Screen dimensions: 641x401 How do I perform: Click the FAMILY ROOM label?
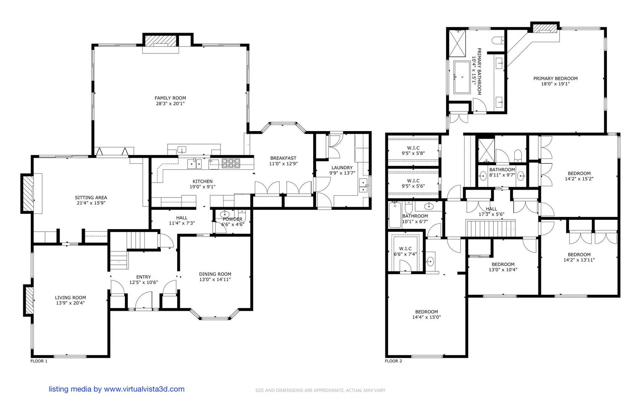point(170,98)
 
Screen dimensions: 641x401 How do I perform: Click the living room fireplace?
point(29,300)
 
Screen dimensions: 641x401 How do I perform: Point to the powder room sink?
point(225,214)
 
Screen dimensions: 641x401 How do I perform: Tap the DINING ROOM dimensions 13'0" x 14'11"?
point(215,280)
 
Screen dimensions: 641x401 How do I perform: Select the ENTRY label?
point(143,277)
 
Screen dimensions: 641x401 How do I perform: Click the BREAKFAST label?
point(283,158)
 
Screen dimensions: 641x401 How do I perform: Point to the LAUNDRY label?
point(342,168)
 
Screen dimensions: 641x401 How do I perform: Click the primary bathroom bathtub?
point(462,77)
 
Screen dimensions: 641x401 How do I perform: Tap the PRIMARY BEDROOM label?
point(555,78)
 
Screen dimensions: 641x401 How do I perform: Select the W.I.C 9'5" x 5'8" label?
point(413,150)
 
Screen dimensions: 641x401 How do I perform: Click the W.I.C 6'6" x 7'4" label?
point(405,251)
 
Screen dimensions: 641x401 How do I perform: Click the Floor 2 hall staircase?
point(490,228)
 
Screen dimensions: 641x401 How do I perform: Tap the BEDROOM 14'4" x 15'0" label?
point(426,314)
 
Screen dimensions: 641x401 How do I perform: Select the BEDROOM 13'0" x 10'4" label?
point(503,267)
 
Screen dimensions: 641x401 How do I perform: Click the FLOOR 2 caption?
point(393,361)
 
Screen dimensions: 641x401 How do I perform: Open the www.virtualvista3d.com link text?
point(144,389)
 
